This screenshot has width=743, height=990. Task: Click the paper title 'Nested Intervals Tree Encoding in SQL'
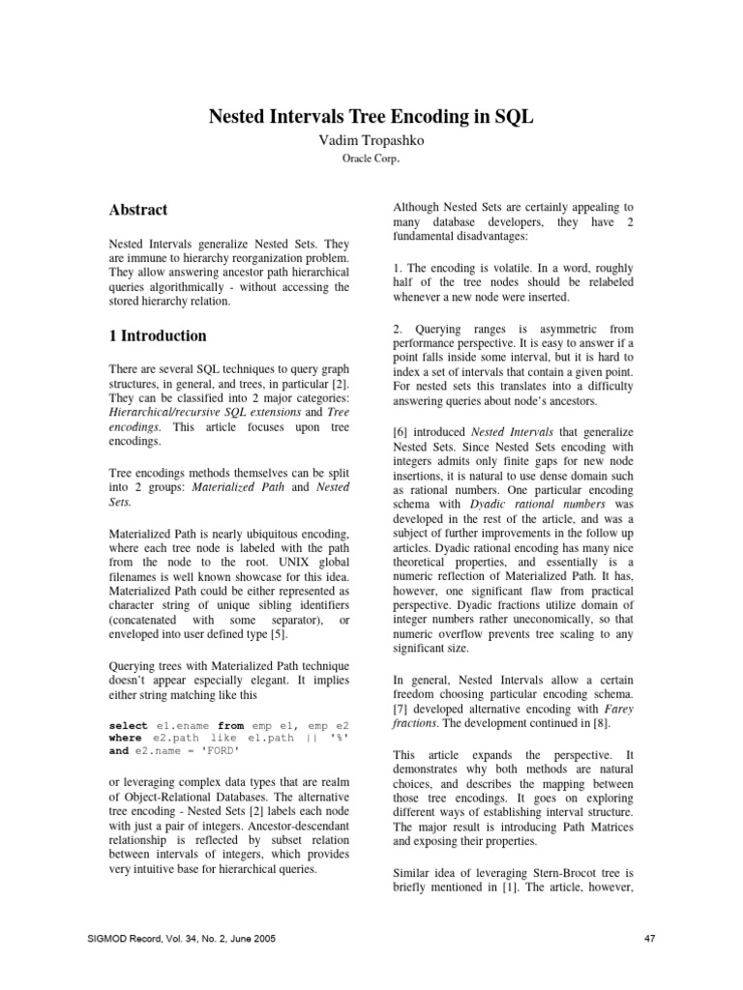coord(371,117)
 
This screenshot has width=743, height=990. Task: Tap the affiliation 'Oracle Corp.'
coord(371,160)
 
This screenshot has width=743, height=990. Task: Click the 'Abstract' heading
coord(138,210)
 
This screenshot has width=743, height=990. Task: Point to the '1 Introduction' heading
coord(158,336)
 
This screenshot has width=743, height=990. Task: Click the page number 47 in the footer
coord(650,938)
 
